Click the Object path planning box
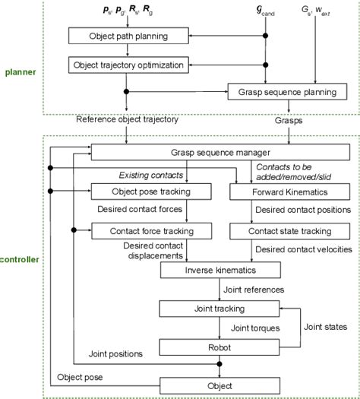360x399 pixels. click(128, 36)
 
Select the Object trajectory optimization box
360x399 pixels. click(128, 65)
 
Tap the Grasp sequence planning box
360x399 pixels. click(282, 94)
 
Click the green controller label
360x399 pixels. click(19, 260)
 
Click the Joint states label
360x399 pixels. click(326, 326)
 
